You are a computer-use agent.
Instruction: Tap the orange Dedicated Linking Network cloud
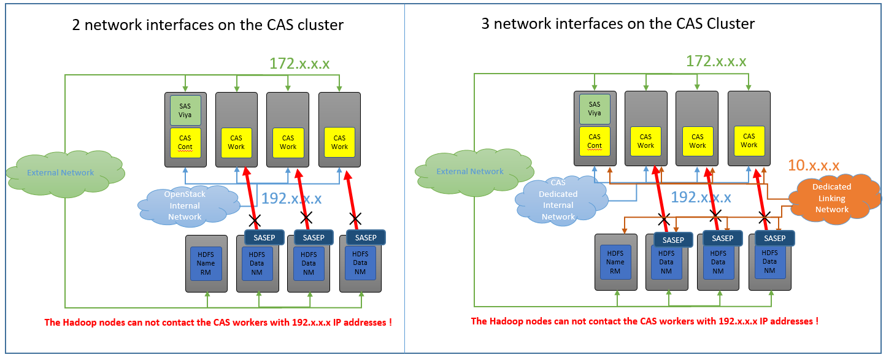(831, 197)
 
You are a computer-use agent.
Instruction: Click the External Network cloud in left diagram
(61, 173)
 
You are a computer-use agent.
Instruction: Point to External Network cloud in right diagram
(470, 172)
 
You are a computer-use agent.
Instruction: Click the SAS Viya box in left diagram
(185, 110)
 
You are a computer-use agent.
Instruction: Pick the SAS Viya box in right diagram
(594, 109)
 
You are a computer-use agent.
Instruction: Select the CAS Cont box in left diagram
(185, 142)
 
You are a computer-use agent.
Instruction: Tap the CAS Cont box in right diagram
(594, 141)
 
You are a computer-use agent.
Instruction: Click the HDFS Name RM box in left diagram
(206, 263)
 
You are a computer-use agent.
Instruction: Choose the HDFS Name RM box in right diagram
(615, 262)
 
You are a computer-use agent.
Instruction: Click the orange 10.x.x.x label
(814, 165)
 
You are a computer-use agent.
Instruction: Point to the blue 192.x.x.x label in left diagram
(291, 198)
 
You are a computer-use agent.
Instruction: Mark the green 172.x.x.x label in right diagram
(716, 61)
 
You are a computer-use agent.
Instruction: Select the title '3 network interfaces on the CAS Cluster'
(617, 24)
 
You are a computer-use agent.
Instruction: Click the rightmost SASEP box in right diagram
(774, 238)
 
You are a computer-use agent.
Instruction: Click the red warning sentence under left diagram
(218, 323)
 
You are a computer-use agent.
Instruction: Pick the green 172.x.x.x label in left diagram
(300, 63)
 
